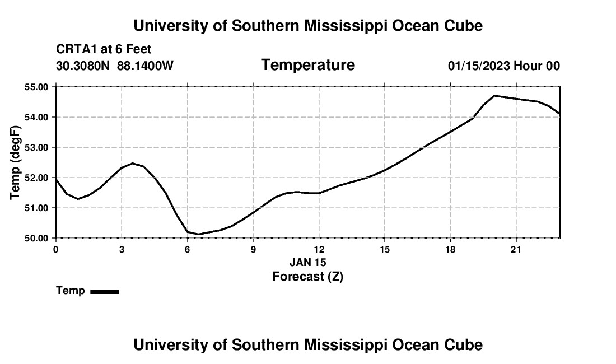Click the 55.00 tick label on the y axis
point(36,87)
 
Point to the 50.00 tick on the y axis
point(36,238)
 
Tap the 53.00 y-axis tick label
point(36,147)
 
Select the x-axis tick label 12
point(319,249)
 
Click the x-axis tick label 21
point(516,249)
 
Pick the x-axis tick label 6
point(188,249)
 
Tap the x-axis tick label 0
point(56,249)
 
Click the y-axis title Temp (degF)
point(15,162)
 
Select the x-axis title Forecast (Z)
point(307,277)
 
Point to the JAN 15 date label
point(307,262)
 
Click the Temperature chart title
point(308,65)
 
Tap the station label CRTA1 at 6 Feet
point(104,49)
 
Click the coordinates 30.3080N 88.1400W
point(115,66)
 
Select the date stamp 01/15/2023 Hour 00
point(504,66)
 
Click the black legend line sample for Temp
point(105,291)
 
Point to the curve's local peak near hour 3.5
point(133,164)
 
